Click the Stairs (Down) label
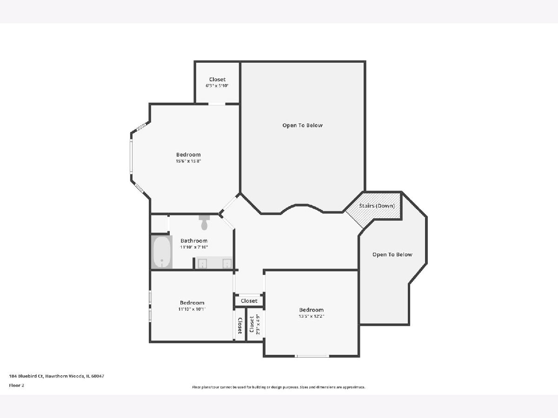click(x=377, y=206)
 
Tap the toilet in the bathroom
click(x=204, y=222)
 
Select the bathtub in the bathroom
click(x=162, y=252)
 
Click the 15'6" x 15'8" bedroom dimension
click(x=188, y=161)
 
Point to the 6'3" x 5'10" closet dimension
click(x=217, y=85)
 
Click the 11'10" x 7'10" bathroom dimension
click(x=194, y=247)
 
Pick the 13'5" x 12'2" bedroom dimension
click(x=312, y=316)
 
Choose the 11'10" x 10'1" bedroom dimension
click(x=192, y=309)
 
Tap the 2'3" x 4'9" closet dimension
click(x=258, y=325)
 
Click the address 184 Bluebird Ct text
click(x=56, y=376)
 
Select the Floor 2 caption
click(x=17, y=385)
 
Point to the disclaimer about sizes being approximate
click(x=279, y=387)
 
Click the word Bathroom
click(x=194, y=241)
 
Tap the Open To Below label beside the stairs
click(x=392, y=255)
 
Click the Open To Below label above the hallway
click(x=303, y=125)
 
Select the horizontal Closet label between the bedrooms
click(x=249, y=301)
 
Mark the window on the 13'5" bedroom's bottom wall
click(x=312, y=356)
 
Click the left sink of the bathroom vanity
click(x=202, y=263)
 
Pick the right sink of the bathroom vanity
click(x=227, y=263)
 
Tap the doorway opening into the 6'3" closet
click(x=217, y=104)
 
